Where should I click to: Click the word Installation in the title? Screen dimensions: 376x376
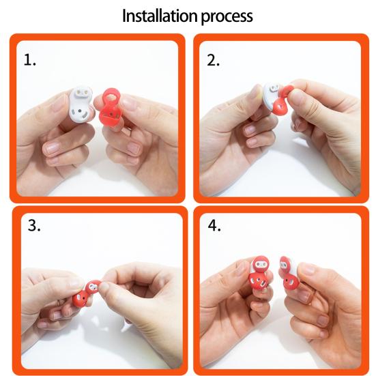(158, 16)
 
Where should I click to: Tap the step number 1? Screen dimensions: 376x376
(30, 60)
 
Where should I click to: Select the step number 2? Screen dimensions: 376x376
(213, 60)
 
